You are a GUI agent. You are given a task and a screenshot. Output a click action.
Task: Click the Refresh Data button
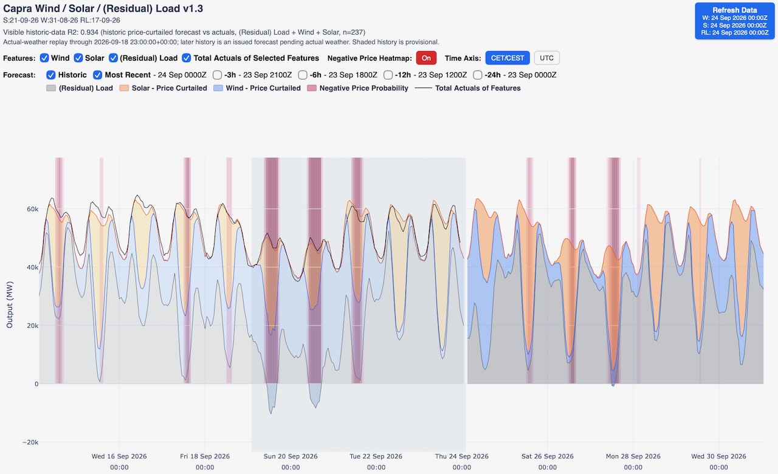(x=735, y=21)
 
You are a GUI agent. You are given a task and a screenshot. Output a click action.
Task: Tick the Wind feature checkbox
(x=44, y=58)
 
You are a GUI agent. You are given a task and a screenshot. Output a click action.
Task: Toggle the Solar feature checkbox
(x=78, y=58)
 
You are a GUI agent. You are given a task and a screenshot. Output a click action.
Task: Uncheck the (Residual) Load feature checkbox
(x=113, y=58)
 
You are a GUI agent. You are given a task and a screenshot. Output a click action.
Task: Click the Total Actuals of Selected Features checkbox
(x=187, y=58)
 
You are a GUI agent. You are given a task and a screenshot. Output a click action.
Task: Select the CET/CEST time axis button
(x=508, y=58)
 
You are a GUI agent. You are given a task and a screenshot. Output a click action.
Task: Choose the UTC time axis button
(x=546, y=58)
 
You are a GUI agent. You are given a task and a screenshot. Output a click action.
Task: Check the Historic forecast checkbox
(x=50, y=75)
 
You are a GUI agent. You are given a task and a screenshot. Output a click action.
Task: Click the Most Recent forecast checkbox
(x=97, y=75)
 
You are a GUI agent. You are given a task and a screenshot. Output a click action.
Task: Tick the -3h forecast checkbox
(x=217, y=75)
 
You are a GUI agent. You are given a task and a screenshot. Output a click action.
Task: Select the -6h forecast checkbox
(x=303, y=75)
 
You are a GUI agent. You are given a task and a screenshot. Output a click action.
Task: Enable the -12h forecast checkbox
(x=388, y=75)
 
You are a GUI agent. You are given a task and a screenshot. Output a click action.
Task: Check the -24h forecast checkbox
(x=478, y=75)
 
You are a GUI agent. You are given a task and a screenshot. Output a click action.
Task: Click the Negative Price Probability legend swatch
(x=312, y=88)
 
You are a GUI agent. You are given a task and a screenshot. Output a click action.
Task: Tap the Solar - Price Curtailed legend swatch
(x=124, y=88)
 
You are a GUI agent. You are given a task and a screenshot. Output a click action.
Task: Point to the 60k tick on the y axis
(x=32, y=209)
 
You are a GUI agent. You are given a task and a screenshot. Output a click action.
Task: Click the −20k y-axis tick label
(x=30, y=442)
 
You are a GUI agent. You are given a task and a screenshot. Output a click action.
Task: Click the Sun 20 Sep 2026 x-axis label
(x=291, y=456)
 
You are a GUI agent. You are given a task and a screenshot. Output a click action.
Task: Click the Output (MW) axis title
(x=9, y=304)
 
